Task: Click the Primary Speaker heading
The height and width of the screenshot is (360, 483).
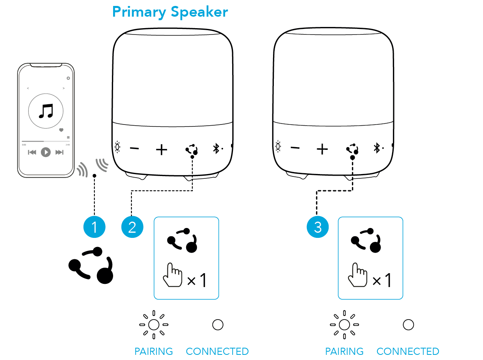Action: (x=170, y=12)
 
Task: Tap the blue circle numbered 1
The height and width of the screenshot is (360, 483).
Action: (x=94, y=227)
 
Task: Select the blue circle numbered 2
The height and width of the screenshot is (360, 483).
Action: (x=132, y=227)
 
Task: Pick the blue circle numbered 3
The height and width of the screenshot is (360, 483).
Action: (x=318, y=227)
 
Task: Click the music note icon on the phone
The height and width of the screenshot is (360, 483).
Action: (x=46, y=111)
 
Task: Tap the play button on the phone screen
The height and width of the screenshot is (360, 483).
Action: (x=46, y=152)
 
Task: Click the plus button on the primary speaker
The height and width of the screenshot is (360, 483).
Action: (x=161, y=149)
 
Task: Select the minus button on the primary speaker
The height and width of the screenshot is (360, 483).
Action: (x=135, y=149)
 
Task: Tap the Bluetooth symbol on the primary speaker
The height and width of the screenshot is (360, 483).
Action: (x=216, y=149)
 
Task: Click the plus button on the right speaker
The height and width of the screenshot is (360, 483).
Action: (x=322, y=149)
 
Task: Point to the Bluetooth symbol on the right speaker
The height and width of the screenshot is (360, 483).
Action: (x=377, y=149)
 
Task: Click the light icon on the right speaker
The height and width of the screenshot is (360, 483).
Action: (x=278, y=147)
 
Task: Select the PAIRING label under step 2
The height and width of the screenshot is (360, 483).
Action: (x=154, y=351)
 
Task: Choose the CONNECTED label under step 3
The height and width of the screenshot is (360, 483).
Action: (x=408, y=351)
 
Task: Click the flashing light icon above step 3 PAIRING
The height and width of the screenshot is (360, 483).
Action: (x=344, y=325)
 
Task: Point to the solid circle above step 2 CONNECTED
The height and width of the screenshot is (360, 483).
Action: (x=217, y=325)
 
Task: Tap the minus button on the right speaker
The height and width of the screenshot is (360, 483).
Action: (x=295, y=148)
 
